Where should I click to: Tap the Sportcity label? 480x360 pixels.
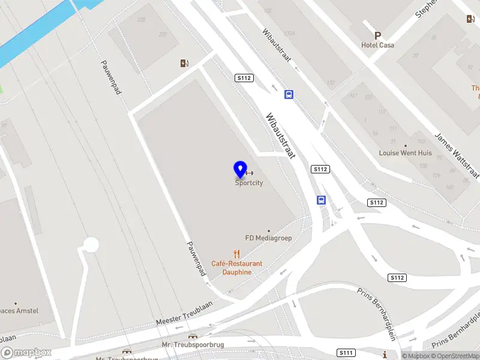point(249,184)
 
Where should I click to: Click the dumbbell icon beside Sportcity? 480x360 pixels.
point(250,173)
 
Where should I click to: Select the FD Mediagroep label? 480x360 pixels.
point(268,238)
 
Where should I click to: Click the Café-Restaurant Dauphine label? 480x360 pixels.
point(236,268)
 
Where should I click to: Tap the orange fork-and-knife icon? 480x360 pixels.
point(237,254)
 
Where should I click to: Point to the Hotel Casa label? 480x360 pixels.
point(378,45)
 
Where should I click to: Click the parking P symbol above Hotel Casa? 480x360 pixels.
point(378,35)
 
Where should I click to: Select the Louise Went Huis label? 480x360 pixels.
point(405,152)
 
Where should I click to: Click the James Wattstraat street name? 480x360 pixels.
point(457,156)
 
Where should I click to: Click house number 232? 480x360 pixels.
point(162,35)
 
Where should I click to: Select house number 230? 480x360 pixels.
point(141,20)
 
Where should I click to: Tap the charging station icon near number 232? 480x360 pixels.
point(184,63)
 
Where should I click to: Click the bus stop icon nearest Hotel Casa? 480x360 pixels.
point(289,94)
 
